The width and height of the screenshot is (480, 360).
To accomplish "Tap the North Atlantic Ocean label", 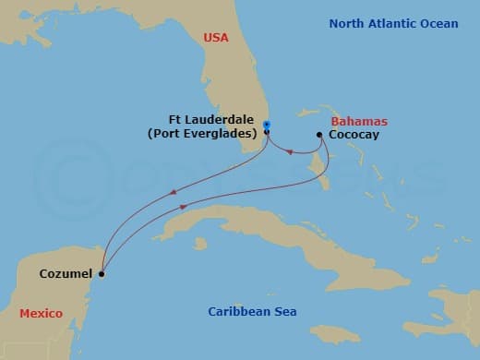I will pos(393,23).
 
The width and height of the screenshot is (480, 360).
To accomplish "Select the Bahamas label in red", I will pos(358,122).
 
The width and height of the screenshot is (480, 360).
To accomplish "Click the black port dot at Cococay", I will pos(319,136).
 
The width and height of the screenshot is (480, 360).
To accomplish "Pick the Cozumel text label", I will pos(66,274).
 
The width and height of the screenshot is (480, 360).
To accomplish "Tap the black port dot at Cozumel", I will pos(102,274).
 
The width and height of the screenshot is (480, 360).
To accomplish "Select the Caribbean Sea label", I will pos(252,312).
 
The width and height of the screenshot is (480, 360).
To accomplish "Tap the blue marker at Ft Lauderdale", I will pos(266,125).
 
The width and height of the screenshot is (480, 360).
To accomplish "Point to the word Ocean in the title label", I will pos(438,23).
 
